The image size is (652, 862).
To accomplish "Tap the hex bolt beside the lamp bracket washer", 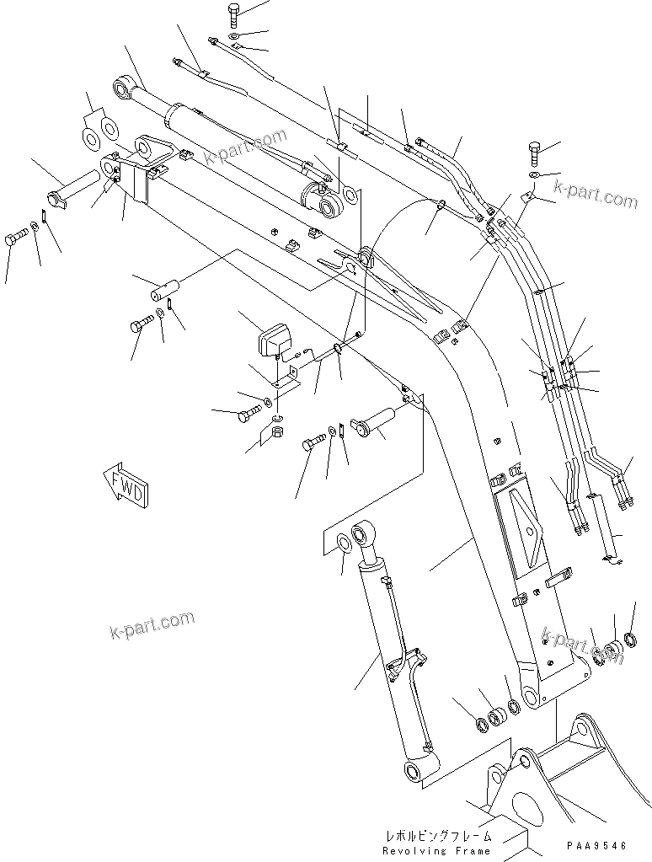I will point(249,415).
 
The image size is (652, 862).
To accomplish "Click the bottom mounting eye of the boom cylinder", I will point(414,772).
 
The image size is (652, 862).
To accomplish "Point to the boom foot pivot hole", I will point(530,696).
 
